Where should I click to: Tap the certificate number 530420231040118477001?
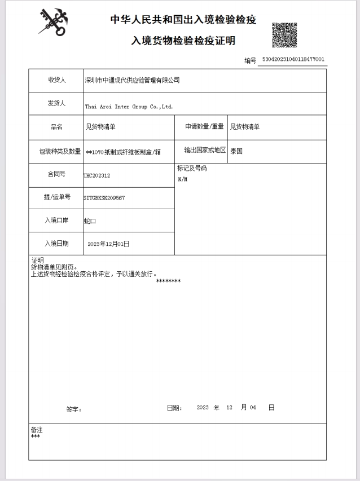coord(293,59)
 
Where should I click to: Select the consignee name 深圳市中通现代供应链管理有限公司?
coord(132,80)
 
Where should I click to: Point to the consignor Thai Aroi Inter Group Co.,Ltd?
coord(129,106)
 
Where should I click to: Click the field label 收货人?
coord(56,80)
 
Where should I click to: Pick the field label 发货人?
coord(56,103)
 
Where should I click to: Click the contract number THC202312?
coord(96,175)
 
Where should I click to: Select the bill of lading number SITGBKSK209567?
coord(104,198)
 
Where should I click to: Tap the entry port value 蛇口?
coord(90,221)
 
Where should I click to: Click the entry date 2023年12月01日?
coord(108,244)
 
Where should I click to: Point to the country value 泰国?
coord(236,151)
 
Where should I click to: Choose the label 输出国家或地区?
coord(205,150)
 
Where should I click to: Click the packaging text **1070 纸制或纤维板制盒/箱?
coord(123,152)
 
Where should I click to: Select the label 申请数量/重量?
coord(204,127)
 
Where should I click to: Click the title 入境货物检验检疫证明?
coord(183,41)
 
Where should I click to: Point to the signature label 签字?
coord(73,409)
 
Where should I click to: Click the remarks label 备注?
coord(37,430)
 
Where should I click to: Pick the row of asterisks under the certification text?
coord(168,281)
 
